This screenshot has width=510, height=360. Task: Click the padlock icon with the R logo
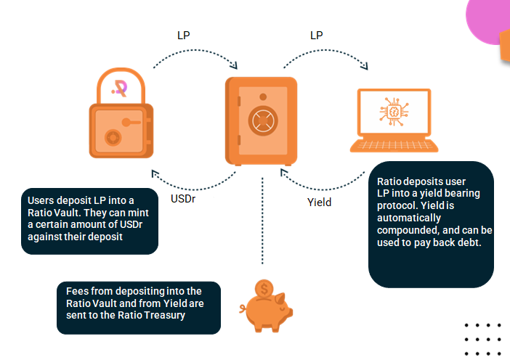point(120,116)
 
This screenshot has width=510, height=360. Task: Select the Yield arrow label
point(319,202)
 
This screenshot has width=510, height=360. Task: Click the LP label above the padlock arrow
point(185,36)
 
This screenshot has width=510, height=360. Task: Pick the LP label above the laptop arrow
point(317,36)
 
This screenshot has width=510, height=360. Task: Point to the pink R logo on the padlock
point(121,88)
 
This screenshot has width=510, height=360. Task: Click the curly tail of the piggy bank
point(243,311)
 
